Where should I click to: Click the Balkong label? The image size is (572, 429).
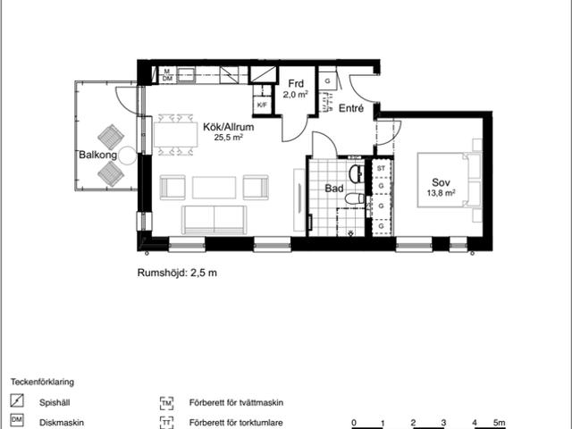click(x=98, y=155)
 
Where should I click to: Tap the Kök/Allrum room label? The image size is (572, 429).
click(x=229, y=127)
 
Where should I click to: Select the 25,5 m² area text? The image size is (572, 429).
click(x=229, y=138)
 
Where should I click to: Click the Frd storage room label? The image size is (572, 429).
click(x=296, y=83)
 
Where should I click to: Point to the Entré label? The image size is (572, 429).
click(x=351, y=108)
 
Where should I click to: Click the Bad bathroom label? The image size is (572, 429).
click(x=334, y=189)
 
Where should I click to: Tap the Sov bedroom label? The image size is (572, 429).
click(x=441, y=182)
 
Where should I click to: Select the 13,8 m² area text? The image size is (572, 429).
click(x=441, y=193)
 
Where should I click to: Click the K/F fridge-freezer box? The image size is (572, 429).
click(x=262, y=105)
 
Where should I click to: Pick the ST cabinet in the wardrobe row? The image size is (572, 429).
click(x=382, y=169)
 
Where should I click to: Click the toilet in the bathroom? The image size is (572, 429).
click(x=355, y=198)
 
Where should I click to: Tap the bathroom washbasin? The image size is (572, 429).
click(x=357, y=173)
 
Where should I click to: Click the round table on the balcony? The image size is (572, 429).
click(x=128, y=156)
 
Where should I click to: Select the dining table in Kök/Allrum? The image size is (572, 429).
click(x=176, y=135)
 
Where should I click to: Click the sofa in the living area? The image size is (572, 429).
click(x=214, y=220)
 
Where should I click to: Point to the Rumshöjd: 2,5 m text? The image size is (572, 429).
click(x=177, y=273)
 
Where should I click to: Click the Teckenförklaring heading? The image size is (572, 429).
click(x=42, y=382)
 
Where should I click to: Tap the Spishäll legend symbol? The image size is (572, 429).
click(x=17, y=400)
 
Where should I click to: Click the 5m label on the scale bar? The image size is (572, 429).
click(x=500, y=423)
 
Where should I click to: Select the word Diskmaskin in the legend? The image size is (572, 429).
click(x=62, y=423)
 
